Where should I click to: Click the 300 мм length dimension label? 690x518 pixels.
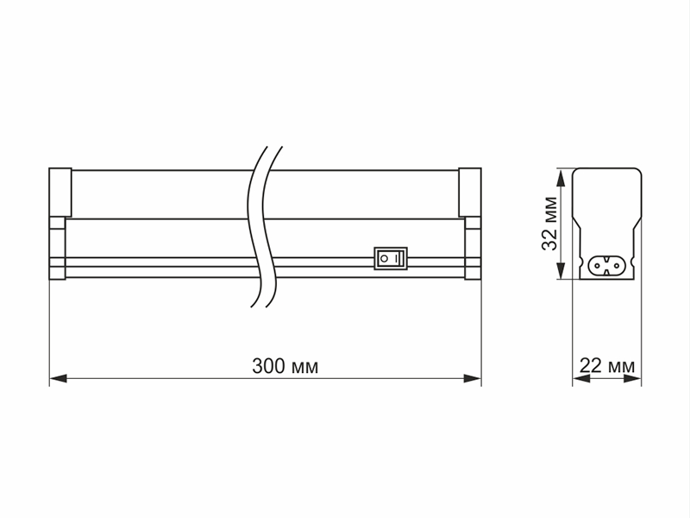tap(285, 366)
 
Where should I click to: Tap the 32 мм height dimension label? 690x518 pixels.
tap(549, 224)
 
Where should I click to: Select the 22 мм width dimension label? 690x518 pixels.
tap(607, 366)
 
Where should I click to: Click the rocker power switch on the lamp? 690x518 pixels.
tap(391, 258)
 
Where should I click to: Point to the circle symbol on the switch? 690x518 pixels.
tap(384, 258)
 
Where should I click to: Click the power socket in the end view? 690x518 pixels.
tap(607, 265)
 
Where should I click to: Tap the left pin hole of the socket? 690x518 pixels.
tap(598, 265)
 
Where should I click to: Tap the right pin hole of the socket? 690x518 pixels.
tap(616, 265)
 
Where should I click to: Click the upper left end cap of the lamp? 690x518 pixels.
tap(60, 192)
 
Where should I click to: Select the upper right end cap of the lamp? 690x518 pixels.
tap(470, 192)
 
